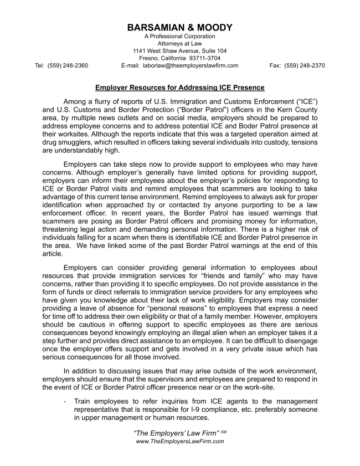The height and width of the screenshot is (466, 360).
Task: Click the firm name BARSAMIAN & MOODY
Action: click(179, 28)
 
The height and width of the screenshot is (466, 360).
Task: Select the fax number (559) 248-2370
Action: click(305, 65)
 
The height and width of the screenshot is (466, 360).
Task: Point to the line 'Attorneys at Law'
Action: click(179, 43)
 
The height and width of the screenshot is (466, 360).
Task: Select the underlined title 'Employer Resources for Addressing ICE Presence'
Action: click(179, 88)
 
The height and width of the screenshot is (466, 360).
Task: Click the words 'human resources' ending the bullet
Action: click(181, 418)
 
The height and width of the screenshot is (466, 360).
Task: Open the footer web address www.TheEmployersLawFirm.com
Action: click(179, 441)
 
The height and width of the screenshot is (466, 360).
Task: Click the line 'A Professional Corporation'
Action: click(179, 36)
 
